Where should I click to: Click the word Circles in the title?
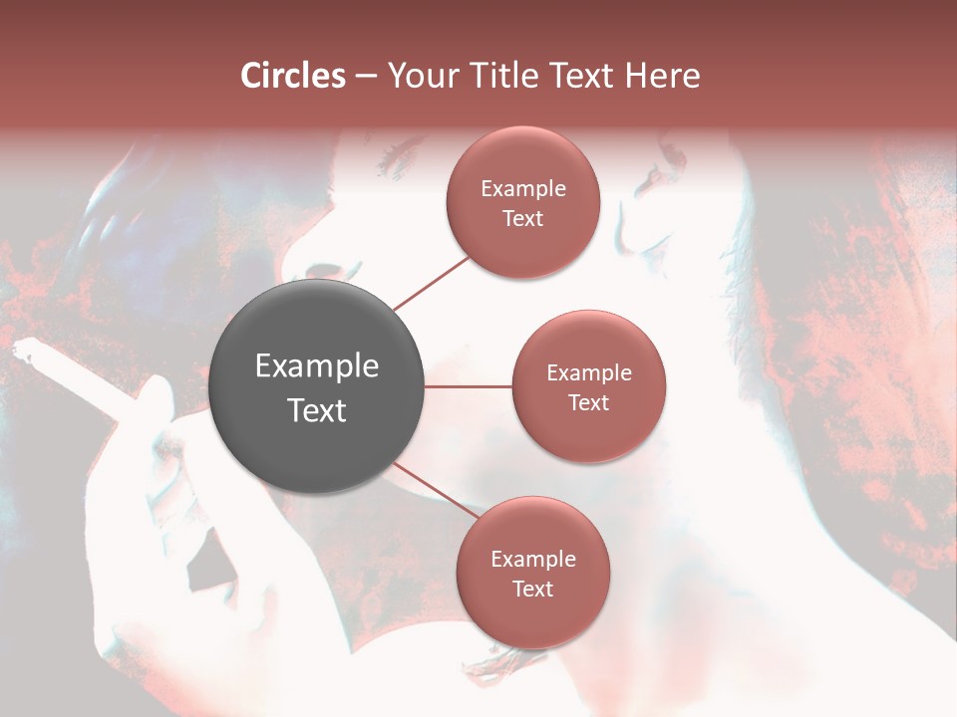[x=293, y=76]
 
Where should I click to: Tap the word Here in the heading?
[x=662, y=76]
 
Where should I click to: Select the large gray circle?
[x=317, y=387]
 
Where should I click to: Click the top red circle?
[x=523, y=202]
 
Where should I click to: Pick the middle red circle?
[x=588, y=386]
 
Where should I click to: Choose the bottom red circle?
[x=532, y=573]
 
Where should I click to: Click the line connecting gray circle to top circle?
[x=433, y=283]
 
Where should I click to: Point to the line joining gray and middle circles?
[x=469, y=386]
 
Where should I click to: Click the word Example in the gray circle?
[x=317, y=366]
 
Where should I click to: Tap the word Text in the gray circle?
[x=317, y=410]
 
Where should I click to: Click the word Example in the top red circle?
[x=523, y=188]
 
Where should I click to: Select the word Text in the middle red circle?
[x=588, y=402]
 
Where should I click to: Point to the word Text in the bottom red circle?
[x=532, y=589]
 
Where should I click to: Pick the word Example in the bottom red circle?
[x=532, y=559]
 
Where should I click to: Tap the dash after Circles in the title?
[x=366, y=76]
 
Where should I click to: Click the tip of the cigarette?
[x=22, y=348]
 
